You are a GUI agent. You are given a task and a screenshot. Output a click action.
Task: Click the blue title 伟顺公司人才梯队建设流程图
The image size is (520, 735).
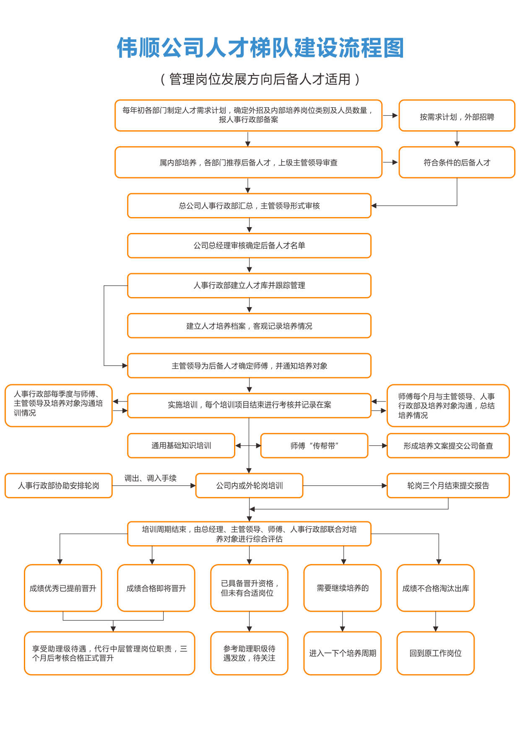coord(260,48)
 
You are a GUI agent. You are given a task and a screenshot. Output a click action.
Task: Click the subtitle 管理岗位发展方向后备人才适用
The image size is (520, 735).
coord(260,79)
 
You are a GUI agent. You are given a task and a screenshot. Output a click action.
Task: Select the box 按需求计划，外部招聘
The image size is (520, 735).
coord(457,116)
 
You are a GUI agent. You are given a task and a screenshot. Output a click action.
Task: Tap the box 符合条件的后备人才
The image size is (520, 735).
coord(457,163)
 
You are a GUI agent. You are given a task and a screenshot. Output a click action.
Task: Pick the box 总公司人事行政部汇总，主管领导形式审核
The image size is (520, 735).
coord(249,206)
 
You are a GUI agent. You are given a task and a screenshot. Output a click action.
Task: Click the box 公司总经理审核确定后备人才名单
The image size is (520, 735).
coord(249,246)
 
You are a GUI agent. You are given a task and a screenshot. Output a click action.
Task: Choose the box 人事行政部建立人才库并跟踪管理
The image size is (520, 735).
coord(249,285)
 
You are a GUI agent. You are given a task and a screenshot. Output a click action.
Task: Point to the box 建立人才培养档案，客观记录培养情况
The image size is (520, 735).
coord(249,326)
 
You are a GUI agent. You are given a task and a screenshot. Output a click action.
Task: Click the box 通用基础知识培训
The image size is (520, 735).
coord(181,445)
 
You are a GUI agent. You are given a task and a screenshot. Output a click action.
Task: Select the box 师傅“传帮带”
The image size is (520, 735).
coord(314,445)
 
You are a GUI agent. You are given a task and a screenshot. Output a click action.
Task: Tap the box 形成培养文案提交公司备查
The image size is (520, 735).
coord(448,445)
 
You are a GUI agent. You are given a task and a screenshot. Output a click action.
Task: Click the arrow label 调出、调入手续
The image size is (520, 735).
coord(151,478)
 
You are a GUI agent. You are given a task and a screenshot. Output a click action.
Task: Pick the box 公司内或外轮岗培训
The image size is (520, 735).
coord(249,486)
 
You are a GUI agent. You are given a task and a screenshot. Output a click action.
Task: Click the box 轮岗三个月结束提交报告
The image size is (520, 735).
coord(448,486)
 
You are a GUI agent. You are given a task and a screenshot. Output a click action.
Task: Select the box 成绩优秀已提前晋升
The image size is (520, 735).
coord(63,588)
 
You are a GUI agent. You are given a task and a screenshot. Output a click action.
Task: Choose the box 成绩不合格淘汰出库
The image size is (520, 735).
coord(435,588)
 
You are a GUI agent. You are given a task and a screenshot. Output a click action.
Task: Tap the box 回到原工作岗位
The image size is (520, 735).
coord(435,653)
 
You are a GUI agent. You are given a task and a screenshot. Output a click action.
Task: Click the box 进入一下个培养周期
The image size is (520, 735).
coord(342,653)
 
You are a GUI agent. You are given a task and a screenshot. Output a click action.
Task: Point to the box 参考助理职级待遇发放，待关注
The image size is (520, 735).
coord(249,653)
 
